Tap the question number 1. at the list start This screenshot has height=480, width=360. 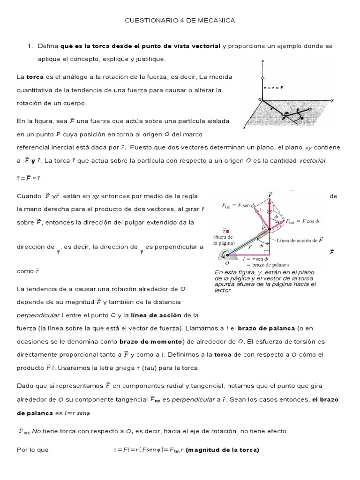pyautogui.click(x=30, y=46)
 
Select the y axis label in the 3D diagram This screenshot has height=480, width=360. pyautogui.click(x=331, y=100)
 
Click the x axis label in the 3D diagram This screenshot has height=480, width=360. pyautogui.click(x=245, y=127)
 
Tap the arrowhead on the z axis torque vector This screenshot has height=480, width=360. pyautogui.click(x=263, y=76)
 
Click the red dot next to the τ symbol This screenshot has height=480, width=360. pyautogui.click(x=227, y=231)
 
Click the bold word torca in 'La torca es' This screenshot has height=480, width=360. pyautogui.click(x=35, y=76)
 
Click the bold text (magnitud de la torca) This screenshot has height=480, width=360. pyautogui.click(x=223, y=450)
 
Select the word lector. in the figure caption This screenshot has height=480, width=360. pyautogui.click(x=223, y=291)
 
